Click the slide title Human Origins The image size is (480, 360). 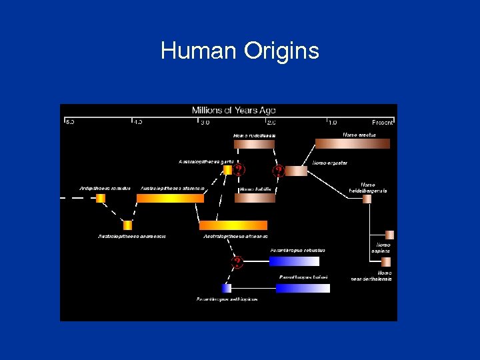tap(240, 51)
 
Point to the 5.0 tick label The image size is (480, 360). tap(69, 123)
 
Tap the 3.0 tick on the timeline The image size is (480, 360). tap(205, 123)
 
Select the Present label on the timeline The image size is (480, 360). tap(383, 123)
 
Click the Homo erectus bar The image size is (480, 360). tap(352, 143)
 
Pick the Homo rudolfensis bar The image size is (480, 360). tap(254, 144)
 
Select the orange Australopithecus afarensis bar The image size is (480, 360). tap(170, 198)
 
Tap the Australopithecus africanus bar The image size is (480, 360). tap(233, 225)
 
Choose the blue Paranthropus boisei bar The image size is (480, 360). tap(303, 288)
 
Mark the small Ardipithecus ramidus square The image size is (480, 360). tap(101, 198)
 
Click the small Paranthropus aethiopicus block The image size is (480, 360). tap(227, 288)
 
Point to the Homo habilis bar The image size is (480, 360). tap(255, 198)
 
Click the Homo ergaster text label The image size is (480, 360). tap(330, 163)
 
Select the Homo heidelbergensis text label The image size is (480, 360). tap(368, 187)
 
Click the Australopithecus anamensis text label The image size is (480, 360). tap(132, 236)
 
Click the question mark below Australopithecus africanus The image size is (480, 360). tap(237, 261)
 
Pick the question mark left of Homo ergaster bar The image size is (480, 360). tap(279, 171)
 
